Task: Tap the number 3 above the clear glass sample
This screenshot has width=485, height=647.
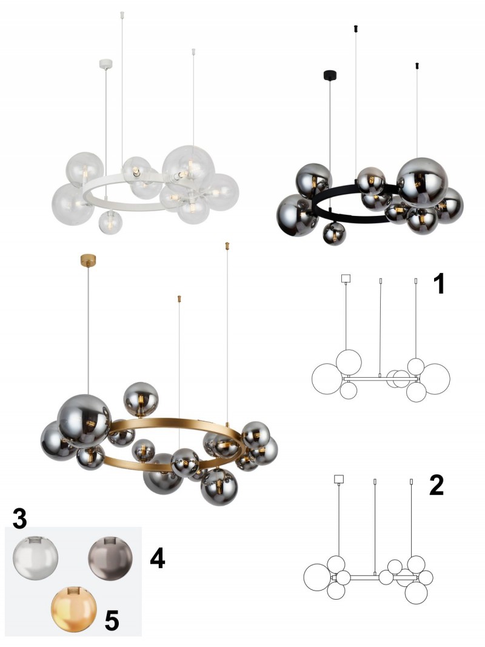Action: (x=19, y=518)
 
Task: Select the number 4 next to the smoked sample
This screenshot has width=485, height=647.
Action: (x=158, y=558)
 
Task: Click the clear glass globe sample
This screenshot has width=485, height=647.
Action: (x=35, y=558)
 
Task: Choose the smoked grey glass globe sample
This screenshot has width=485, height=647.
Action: (x=110, y=558)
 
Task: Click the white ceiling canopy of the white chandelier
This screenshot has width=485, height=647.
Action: (x=105, y=64)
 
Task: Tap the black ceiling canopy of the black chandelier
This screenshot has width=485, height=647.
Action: (x=330, y=75)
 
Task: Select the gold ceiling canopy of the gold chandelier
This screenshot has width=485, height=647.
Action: (x=88, y=260)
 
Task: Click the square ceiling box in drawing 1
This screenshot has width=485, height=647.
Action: (x=346, y=278)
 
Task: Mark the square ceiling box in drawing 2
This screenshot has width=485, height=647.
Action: (x=339, y=479)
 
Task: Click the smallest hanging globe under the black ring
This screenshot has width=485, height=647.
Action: (x=334, y=234)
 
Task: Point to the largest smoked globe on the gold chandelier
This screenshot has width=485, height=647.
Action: (x=84, y=421)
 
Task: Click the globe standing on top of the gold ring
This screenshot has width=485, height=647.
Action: (x=141, y=399)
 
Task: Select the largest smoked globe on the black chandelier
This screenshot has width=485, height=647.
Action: (x=423, y=183)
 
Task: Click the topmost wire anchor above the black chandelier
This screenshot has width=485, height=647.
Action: (x=356, y=28)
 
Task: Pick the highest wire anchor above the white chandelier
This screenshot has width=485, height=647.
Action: (x=122, y=15)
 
